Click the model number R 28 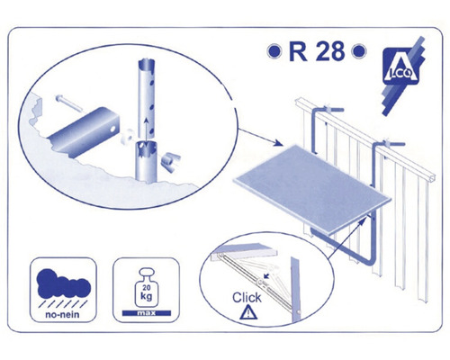point(317,51)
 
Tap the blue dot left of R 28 point(274,51)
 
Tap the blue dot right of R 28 point(359,51)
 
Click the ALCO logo point(402,75)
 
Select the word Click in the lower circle point(247,298)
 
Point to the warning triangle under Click point(248,312)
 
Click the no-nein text point(62,315)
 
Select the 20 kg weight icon point(147,287)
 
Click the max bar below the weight point(147,313)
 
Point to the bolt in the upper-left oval point(68,103)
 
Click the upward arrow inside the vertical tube point(146,129)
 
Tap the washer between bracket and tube point(128,136)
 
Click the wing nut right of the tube point(170,162)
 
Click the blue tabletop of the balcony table point(312,189)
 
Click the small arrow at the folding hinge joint point(265,275)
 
